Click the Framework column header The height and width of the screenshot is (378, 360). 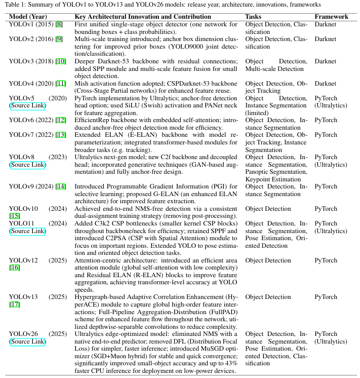point(331,17)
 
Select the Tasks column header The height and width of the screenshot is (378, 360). point(253,17)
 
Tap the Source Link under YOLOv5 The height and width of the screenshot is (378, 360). point(27,105)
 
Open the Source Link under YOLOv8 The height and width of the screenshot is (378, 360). point(27,165)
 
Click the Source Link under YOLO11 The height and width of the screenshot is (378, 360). point(27,231)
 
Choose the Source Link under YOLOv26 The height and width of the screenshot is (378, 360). point(27,342)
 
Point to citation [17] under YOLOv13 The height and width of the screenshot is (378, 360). point(14,305)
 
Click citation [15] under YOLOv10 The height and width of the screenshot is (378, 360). point(14,216)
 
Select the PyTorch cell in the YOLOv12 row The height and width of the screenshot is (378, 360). point(326,260)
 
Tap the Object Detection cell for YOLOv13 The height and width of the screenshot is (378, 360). point(268,297)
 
